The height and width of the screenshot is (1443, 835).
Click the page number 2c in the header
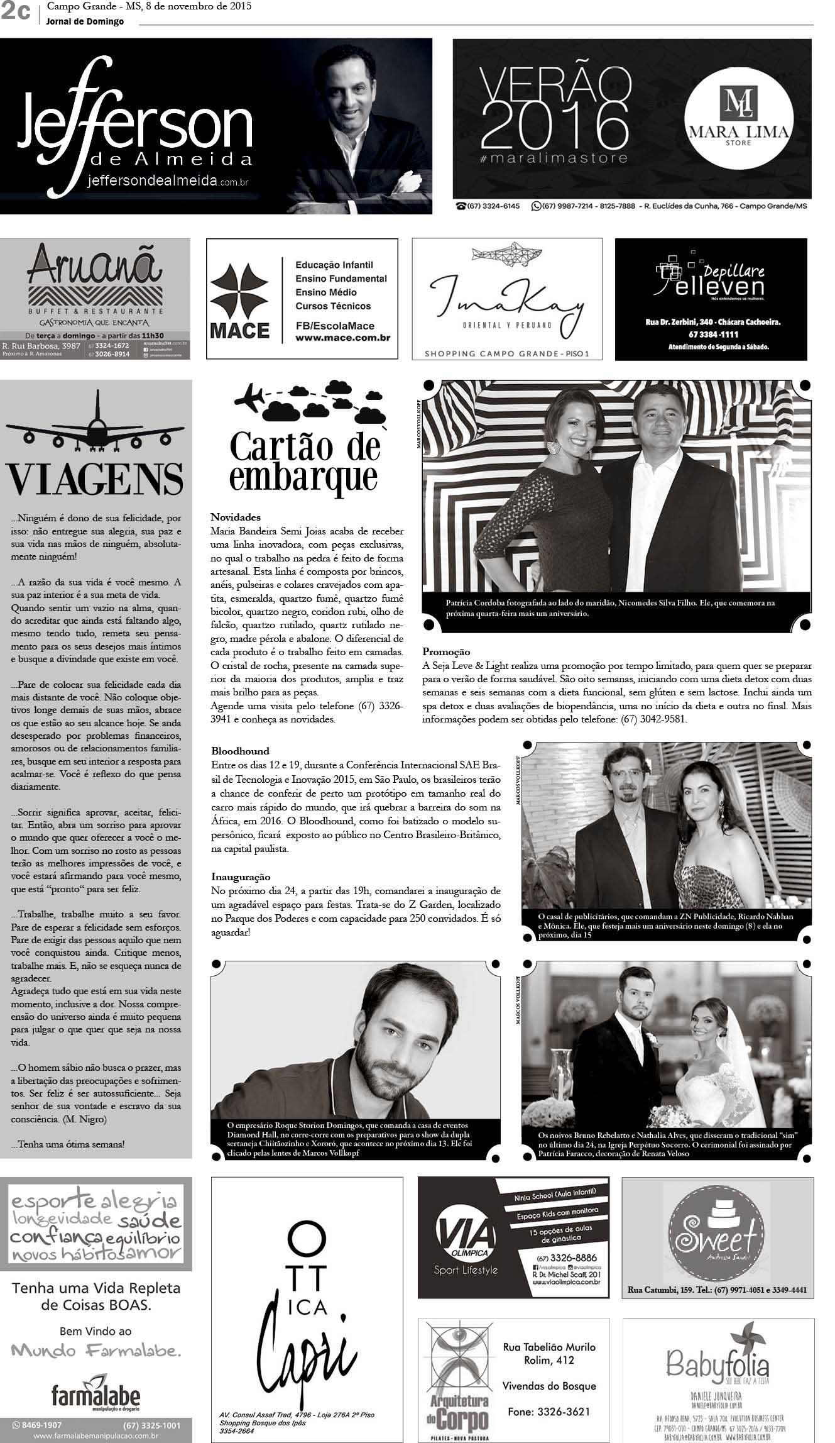16,12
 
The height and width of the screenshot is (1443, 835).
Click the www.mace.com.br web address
342,338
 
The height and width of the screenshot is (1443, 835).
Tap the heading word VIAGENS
96,480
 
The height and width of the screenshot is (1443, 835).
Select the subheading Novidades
235,517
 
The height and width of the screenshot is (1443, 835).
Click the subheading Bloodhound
240,751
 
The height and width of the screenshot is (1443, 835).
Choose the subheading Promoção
446,652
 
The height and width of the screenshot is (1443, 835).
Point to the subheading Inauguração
241,876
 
